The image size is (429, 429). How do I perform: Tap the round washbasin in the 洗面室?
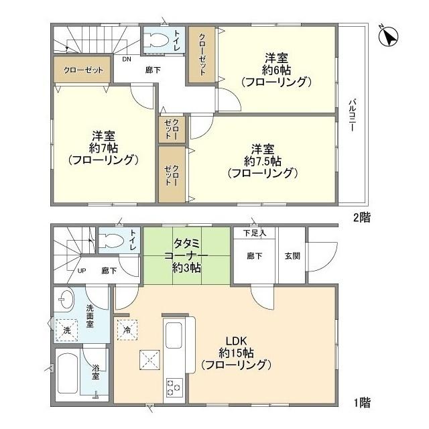click(65, 299)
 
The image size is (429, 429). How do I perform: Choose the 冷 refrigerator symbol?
click(127, 329)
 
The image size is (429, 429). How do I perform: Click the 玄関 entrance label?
click(292, 255)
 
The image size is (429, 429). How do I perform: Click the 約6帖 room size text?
click(275, 70)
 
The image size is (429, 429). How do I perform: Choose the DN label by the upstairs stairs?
click(126, 58)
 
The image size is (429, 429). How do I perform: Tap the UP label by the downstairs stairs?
click(82, 271)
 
